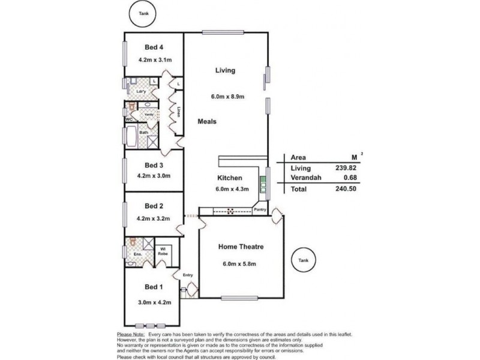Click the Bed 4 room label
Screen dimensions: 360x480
pyautogui.click(x=154, y=47)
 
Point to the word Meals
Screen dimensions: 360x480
pyautogui.click(x=207, y=121)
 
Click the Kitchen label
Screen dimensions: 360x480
pyautogui.click(x=230, y=178)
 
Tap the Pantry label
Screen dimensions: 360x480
pyautogui.click(x=260, y=210)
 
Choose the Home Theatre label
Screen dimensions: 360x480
pyautogui.click(x=241, y=247)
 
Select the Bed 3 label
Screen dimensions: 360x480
pyautogui.click(x=154, y=165)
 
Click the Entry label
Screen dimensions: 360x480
pyautogui.click(x=188, y=275)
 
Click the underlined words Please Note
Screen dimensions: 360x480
pyautogui.click(x=131, y=334)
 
